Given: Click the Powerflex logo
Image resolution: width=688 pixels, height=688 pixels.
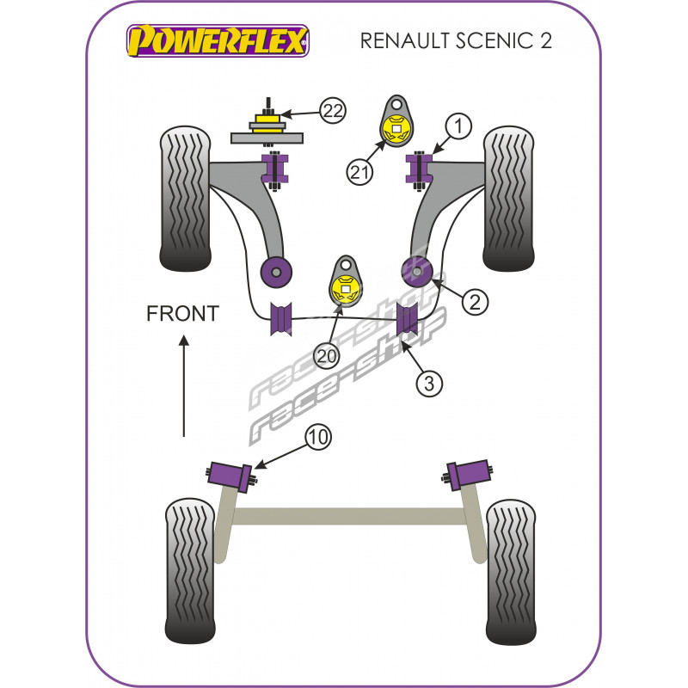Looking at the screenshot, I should [218, 40].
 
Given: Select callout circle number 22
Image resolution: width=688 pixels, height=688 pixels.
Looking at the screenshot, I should [332, 110].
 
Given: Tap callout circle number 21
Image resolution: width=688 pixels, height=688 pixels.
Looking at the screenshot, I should [359, 172].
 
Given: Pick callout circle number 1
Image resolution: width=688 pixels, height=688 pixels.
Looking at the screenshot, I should [458, 127].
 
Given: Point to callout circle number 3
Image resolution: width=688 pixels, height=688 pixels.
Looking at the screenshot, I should [430, 383].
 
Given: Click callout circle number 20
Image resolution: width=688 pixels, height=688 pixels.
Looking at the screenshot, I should [326, 353].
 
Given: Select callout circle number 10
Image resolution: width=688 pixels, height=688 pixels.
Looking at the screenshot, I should [317, 438].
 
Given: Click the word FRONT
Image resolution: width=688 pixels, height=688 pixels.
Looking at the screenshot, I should [182, 313].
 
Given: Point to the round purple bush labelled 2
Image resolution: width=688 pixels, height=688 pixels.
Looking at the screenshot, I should [417, 271].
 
